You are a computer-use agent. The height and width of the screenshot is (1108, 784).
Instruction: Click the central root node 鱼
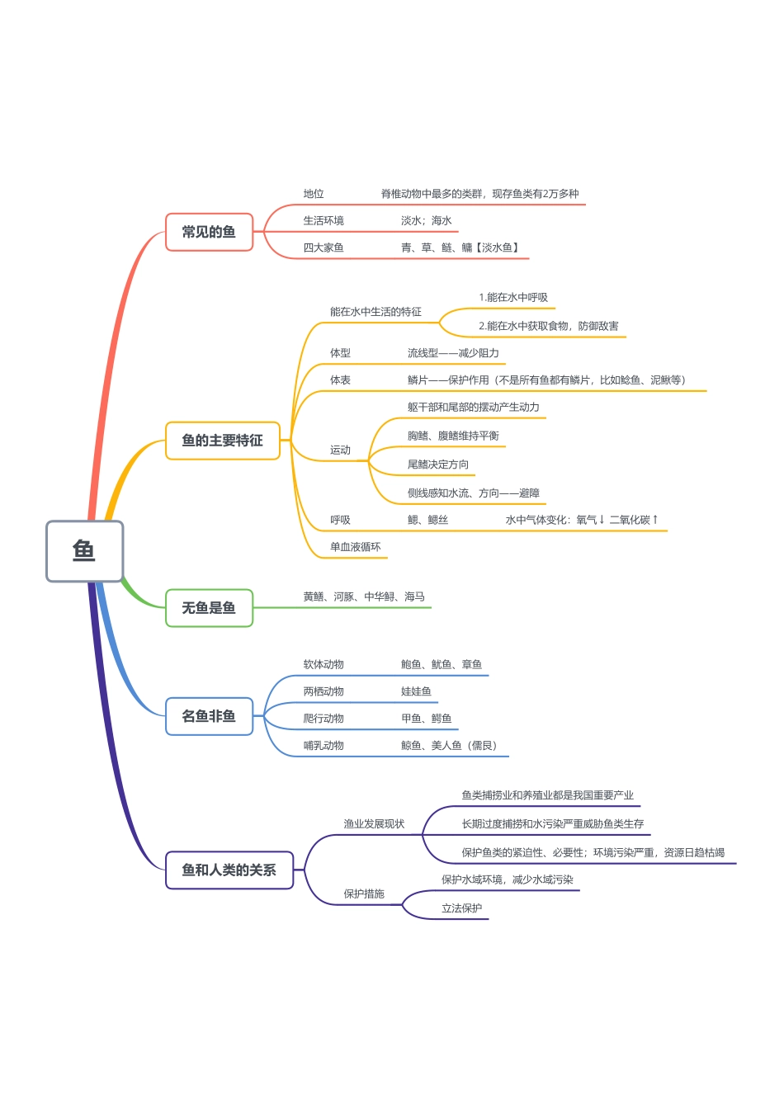pyautogui.click(x=84, y=551)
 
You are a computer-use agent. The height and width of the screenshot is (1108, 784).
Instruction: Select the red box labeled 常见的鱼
pyautogui.click(x=209, y=232)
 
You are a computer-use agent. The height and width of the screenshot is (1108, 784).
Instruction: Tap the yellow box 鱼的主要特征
pyautogui.click(x=222, y=441)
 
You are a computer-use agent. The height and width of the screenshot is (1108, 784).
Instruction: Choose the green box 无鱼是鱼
pyautogui.click(x=209, y=608)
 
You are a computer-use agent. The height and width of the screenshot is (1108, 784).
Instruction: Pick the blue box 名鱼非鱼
pyautogui.click(x=209, y=716)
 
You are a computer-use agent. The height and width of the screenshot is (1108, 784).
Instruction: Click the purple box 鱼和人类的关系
pyautogui.click(x=229, y=870)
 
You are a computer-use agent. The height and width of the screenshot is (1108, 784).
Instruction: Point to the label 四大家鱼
pyautogui.click(x=324, y=248)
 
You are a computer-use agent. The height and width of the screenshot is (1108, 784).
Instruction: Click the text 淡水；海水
pyautogui.click(x=427, y=221)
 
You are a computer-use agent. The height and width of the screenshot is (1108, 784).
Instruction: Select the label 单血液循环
pyautogui.click(x=356, y=547)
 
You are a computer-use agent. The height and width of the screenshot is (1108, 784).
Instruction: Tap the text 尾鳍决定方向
pyautogui.click(x=438, y=464)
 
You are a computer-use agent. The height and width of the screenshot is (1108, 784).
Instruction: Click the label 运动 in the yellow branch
pyautogui.click(x=340, y=450)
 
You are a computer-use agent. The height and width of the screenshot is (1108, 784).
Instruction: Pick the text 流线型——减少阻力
pyautogui.click(x=453, y=353)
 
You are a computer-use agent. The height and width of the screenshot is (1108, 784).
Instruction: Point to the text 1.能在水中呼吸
pyautogui.click(x=513, y=298)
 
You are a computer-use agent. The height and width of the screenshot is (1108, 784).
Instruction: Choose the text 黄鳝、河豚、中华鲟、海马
pyautogui.click(x=364, y=596)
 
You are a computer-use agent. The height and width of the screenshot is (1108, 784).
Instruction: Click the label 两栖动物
pyautogui.click(x=324, y=691)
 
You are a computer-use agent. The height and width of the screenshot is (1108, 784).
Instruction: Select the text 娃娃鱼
pyautogui.click(x=416, y=691)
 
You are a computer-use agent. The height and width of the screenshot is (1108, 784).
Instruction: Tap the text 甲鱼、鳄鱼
pyautogui.click(x=427, y=719)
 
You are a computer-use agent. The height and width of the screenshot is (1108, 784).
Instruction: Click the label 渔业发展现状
pyautogui.click(x=374, y=824)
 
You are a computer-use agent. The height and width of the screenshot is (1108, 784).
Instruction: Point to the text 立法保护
pyautogui.click(x=461, y=908)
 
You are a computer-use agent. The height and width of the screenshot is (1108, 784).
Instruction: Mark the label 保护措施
pyautogui.click(x=364, y=893)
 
